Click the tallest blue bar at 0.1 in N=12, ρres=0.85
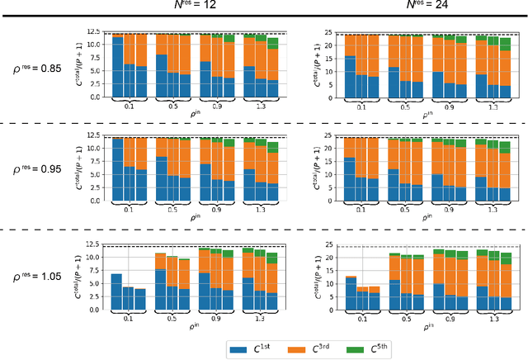[117, 67]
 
